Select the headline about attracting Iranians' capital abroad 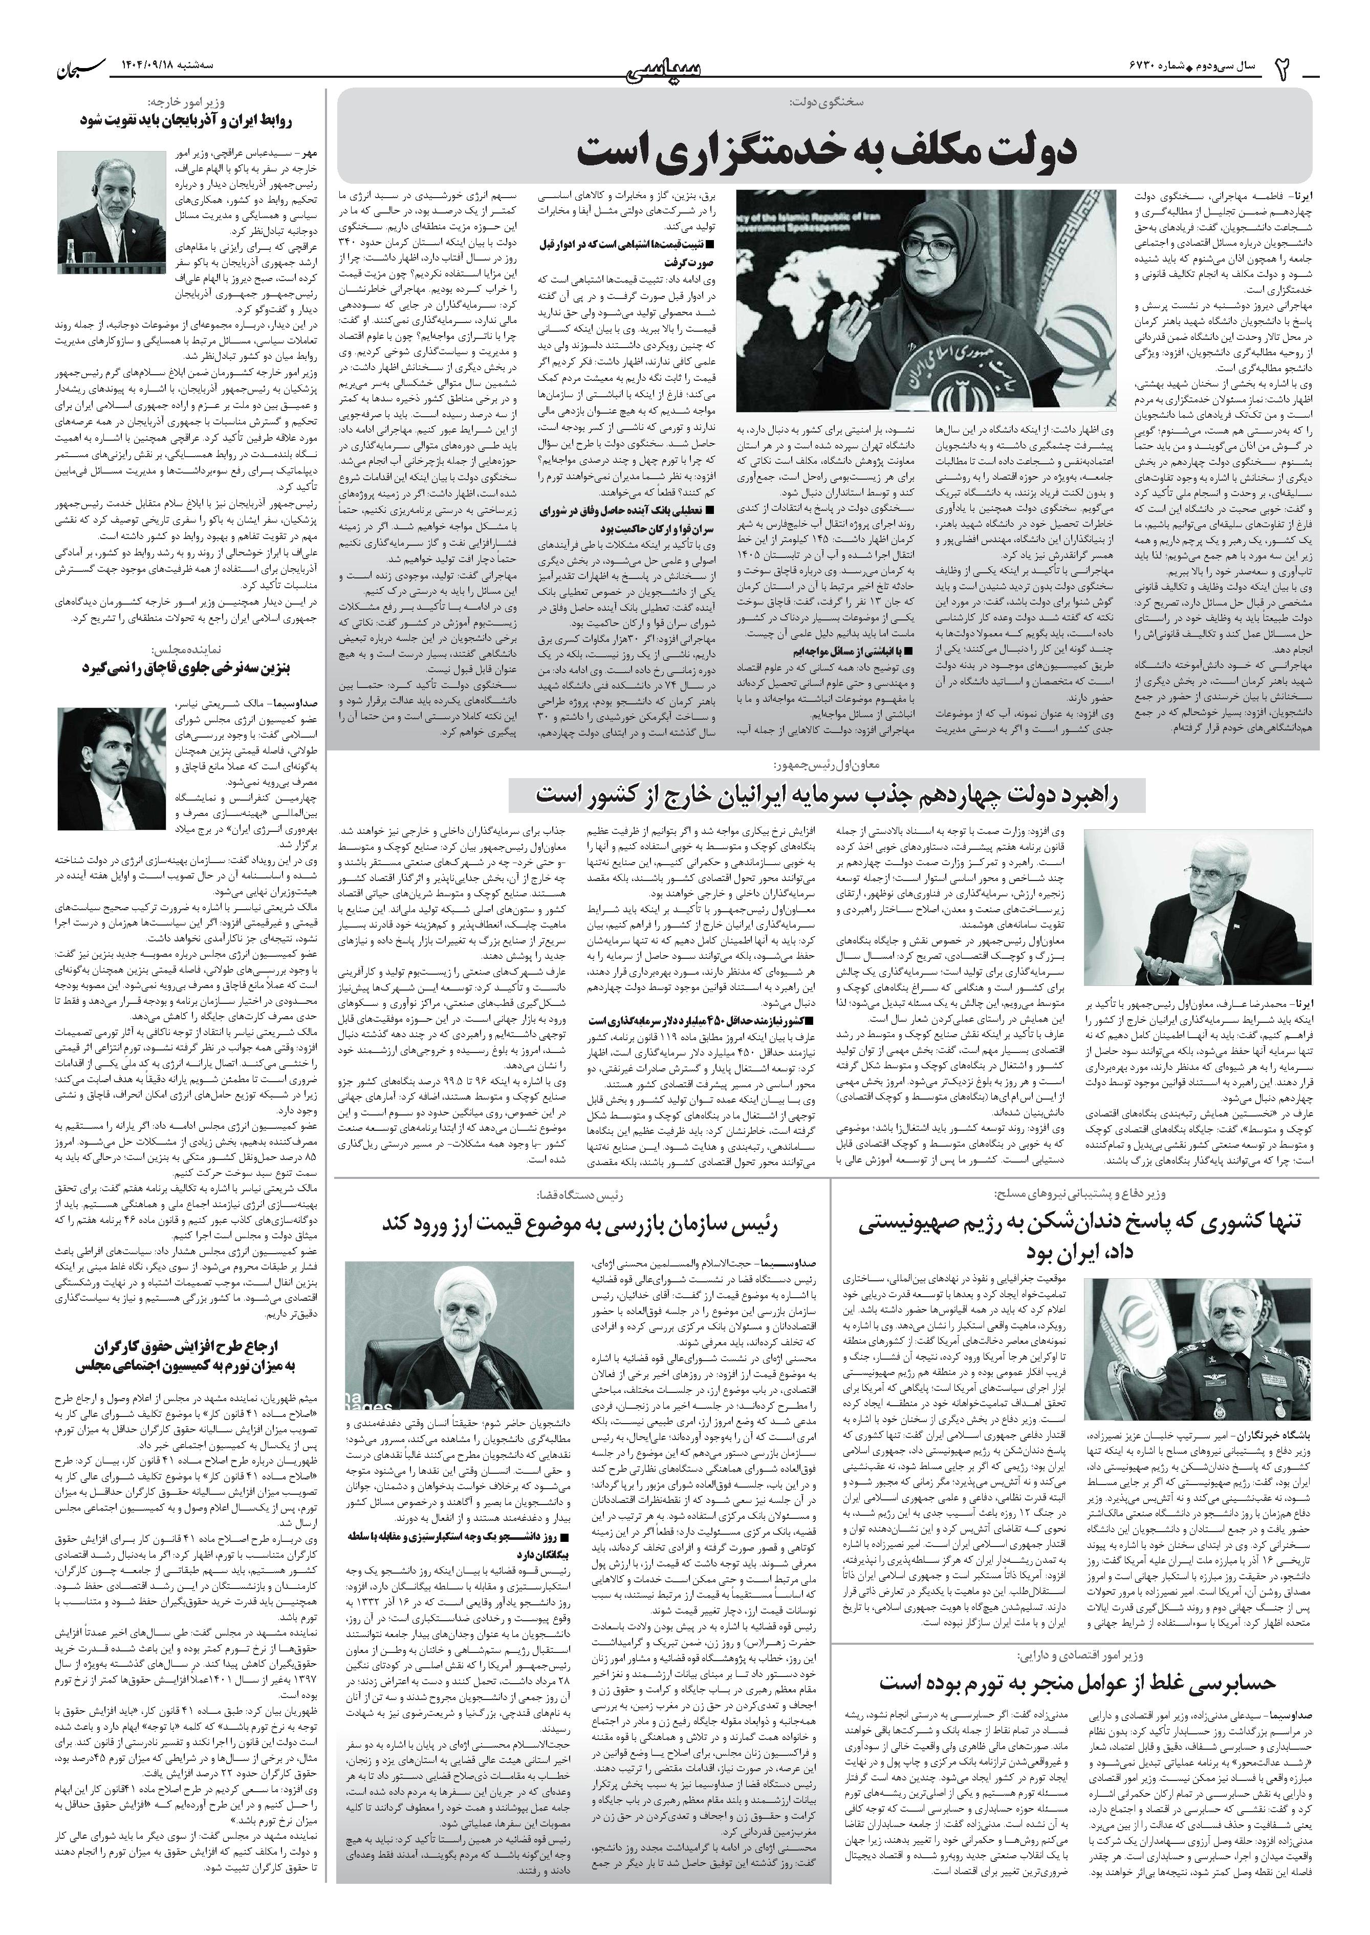(827, 795)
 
